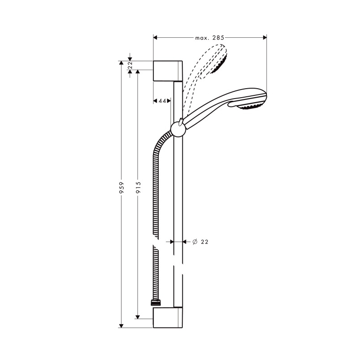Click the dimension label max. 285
(210, 38)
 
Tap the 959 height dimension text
(121, 187)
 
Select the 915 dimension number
(138, 187)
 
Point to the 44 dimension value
(162, 101)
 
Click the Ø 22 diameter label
(200, 242)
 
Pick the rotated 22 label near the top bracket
(130, 65)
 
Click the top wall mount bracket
(168, 71)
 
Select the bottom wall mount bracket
(168, 318)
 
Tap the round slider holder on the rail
(178, 130)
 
